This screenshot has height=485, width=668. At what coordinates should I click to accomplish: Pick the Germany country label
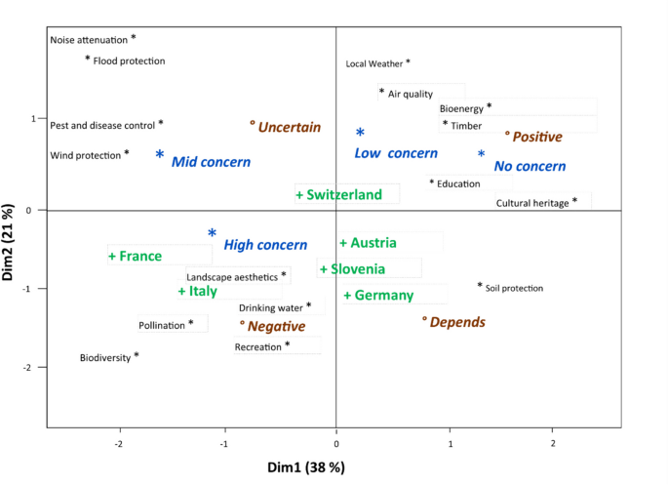point(381,296)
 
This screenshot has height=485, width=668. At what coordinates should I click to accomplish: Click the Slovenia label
point(355,269)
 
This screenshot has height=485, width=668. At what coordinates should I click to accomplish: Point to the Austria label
point(372,243)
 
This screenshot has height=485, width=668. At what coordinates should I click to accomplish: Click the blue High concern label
point(264,245)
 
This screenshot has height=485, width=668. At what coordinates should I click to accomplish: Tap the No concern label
point(530,166)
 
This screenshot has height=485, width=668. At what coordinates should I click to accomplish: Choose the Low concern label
point(395,153)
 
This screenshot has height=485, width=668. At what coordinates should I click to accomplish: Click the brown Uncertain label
point(289,127)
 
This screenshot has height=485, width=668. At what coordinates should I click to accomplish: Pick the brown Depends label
point(456,322)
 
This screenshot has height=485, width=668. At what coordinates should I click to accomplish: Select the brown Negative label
point(275,326)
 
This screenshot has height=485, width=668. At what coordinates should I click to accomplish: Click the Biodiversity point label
point(105,358)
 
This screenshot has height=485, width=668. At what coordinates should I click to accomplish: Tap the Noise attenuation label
point(89,40)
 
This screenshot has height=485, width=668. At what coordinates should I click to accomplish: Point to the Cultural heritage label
point(531,203)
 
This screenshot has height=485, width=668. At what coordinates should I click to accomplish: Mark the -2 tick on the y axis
point(33,367)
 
